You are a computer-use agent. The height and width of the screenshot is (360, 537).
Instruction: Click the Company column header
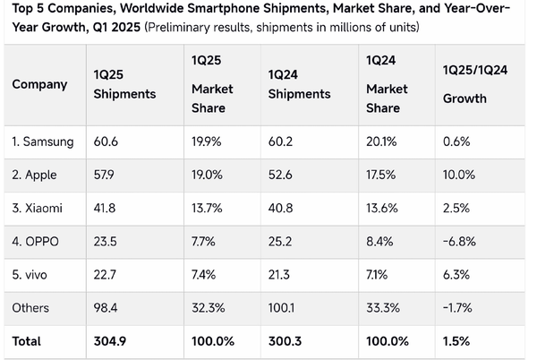click(x=39, y=85)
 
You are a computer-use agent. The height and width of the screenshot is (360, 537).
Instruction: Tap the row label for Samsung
click(x=43, y=141)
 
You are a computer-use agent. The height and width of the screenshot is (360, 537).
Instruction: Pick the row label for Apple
click(x=37, y=175)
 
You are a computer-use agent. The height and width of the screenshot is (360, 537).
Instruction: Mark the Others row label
click(x=30, y=307)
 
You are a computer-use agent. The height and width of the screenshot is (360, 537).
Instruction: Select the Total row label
click(x=27, y=341)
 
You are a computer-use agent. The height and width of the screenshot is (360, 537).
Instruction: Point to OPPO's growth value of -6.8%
click(x=459, y=241)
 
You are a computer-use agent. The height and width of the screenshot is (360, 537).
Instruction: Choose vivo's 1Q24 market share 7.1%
click(x=379, y=274)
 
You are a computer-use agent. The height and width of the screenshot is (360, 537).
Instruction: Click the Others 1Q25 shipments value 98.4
click(x=105, y=307)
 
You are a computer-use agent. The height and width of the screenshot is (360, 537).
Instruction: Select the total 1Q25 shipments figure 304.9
click(x=110, y=341)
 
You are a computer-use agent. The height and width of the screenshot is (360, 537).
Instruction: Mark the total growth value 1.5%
click(x=455, y=341)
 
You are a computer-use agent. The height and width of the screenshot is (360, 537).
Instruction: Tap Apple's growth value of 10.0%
click(x=458, y=175)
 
